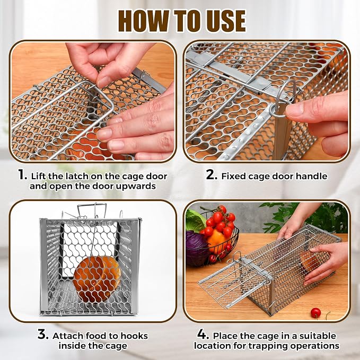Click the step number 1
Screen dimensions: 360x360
[x=22, y=175]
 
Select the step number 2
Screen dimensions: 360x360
[x=212, y=175]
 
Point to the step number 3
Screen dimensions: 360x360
[x=43, y=334]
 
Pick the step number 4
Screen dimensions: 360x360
[x=203, y=334]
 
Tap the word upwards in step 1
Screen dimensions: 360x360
[x=136, y=187]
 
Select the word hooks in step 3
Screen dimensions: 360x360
[x=134, y=336]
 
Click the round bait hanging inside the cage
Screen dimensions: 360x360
[x=97, y=279]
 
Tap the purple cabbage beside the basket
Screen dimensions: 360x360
[x=196, y=249]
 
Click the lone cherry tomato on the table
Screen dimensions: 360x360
[x=315, y=312]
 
